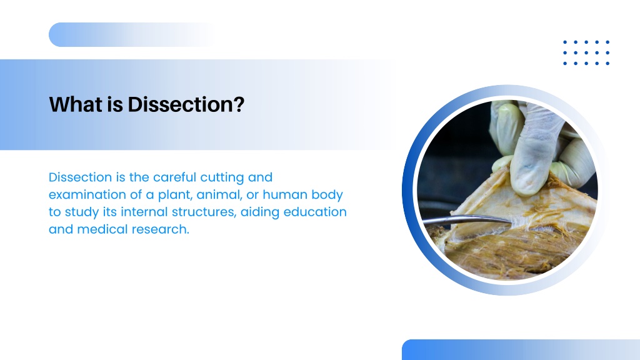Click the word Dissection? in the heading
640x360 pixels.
click(x=186, y=104)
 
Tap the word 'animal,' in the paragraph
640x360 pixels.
click(x=219, y=195)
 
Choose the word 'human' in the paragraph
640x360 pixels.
click(x=285, y=195)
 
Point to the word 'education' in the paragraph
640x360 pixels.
click(x=315, y=212)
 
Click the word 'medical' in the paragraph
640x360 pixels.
click(x=102, y=229)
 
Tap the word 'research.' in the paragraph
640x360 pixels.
click(x=161, y=229)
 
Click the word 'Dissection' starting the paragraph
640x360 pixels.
click(x=81, y=177)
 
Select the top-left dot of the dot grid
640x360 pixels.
click(x=565, y=42)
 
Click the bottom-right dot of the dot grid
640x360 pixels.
click(x=607, y=63)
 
